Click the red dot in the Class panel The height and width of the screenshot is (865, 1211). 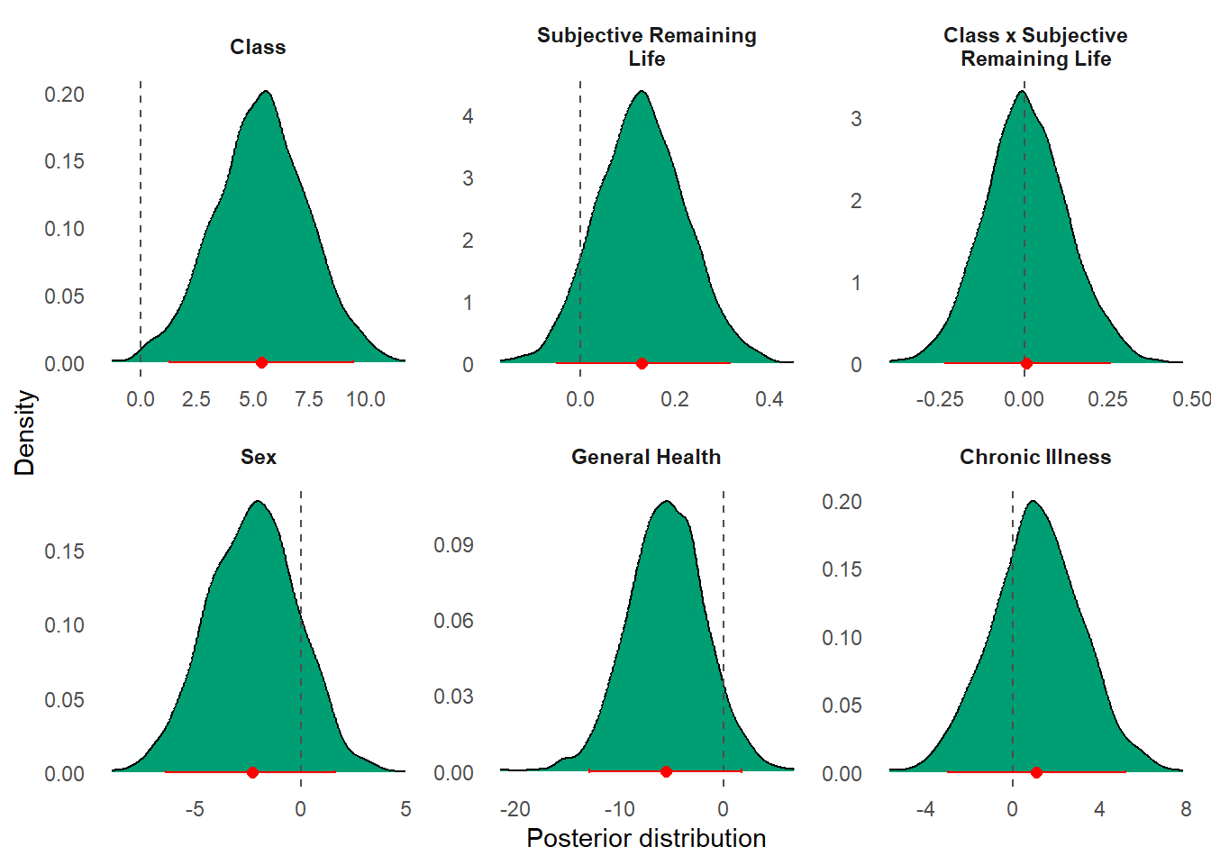point(261,362)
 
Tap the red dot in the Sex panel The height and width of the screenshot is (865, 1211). point(252,772)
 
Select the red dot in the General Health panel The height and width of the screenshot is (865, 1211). point(666,771)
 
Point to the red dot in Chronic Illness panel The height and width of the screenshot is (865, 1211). point(1036,772)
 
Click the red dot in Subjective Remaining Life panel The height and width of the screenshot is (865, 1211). point(642,364)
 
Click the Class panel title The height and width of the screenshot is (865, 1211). point(258,47)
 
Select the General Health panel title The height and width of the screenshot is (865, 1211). point(646,457)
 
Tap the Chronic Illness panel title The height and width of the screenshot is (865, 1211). point(1035,457)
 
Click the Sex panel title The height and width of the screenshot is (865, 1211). point(259,457)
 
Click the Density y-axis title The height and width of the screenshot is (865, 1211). point(24,432)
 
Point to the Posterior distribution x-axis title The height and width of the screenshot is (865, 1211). point(646,838)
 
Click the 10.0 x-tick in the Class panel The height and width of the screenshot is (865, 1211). point(365,399)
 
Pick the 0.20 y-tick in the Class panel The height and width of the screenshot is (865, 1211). point(65,95)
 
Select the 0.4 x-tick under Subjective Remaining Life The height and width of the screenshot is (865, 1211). point(769,399)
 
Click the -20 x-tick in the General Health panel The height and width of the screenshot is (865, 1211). point(514,809)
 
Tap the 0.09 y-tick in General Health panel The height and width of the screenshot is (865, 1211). point(453,544)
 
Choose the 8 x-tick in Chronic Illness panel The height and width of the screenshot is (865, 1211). point(1186,809)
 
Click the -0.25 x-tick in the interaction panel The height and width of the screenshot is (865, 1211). point(940,399)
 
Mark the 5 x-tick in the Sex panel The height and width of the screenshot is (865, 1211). point(405,809)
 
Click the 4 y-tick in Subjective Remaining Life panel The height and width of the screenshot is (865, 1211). point(468,116)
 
